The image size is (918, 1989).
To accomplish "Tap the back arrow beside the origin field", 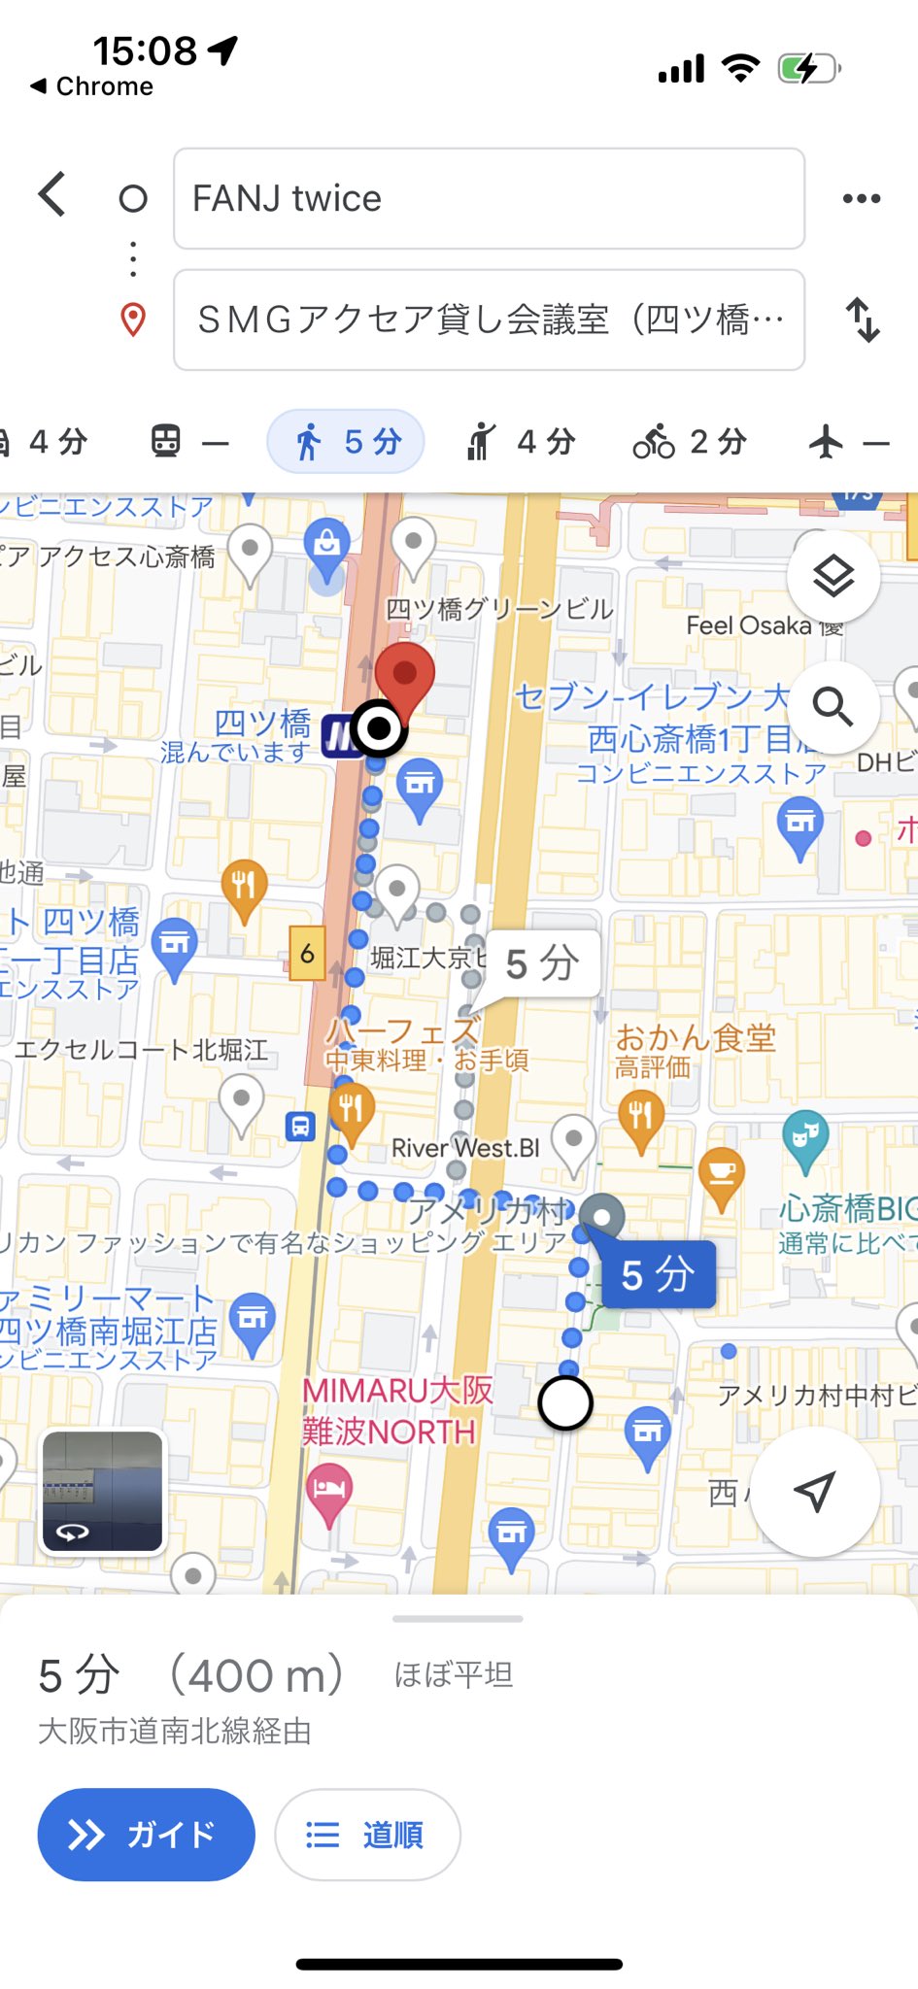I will coord(52,195).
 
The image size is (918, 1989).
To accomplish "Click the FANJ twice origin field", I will coord(489,199).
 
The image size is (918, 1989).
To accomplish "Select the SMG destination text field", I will coord(489,320).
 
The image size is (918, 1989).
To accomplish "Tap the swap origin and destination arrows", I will coord(862,320).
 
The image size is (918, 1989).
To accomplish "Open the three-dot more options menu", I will coord(862,199).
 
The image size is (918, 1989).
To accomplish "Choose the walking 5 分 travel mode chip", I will coord(347,442).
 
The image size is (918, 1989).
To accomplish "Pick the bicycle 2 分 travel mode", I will coord(690,442).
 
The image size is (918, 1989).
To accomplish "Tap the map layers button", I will coord(833,577).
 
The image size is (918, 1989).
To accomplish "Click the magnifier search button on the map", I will coord(833,706).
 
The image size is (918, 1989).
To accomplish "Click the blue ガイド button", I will coord(146,1834).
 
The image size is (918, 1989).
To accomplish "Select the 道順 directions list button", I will coord(367,1834).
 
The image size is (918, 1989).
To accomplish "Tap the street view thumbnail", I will coord(103,1491).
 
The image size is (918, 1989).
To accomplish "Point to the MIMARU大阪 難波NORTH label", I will coord(396,1410).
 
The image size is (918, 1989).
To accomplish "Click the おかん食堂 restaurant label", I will coord(695,1039).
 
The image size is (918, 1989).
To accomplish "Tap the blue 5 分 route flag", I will coord(658,1274).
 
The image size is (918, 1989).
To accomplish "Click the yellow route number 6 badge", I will coord(307,954).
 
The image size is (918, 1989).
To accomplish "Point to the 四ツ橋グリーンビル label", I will coord(499,609).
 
